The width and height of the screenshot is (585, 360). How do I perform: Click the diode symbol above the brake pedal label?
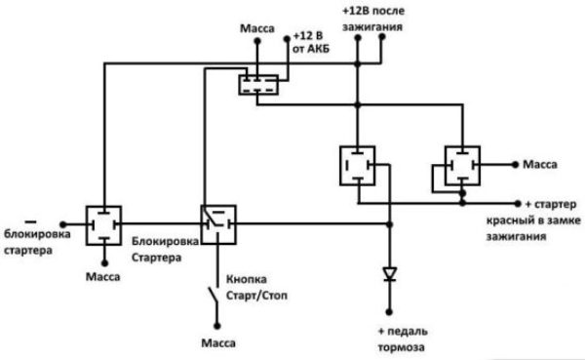[x=390, y=274]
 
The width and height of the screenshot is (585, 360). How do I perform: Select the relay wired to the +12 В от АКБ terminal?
[x=259, y=84]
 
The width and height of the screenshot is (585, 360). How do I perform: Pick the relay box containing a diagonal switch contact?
[x=217, y=223]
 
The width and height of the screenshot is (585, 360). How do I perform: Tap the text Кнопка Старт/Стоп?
[x=258, y=285]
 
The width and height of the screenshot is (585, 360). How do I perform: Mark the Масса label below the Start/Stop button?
[x=216, y=343]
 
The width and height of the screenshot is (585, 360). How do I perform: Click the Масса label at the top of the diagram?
[x=256, y=32]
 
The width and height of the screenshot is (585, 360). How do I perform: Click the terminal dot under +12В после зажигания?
[x=359, y=43]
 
